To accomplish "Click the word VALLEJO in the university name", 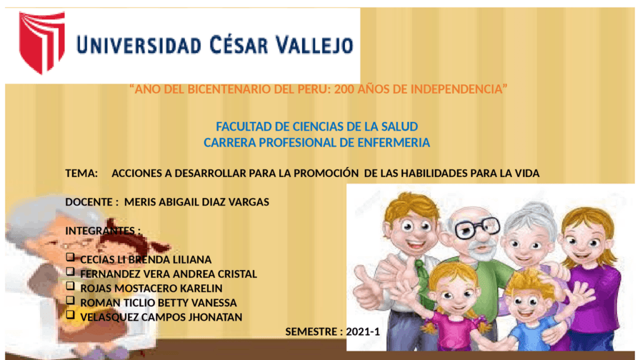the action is (314, 45).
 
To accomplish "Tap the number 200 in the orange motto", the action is (344, 89).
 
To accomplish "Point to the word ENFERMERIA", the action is (394, 142).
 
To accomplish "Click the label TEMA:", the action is (82, 174).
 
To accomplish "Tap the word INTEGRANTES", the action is (100, 231).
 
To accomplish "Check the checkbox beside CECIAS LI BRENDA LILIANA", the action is (70, 257).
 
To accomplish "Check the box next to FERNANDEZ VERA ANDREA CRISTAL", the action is (70, 271).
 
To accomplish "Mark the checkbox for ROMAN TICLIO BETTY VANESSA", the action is (70, 301).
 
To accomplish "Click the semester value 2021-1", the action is (363, 331).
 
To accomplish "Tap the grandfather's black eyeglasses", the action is (477, 227).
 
